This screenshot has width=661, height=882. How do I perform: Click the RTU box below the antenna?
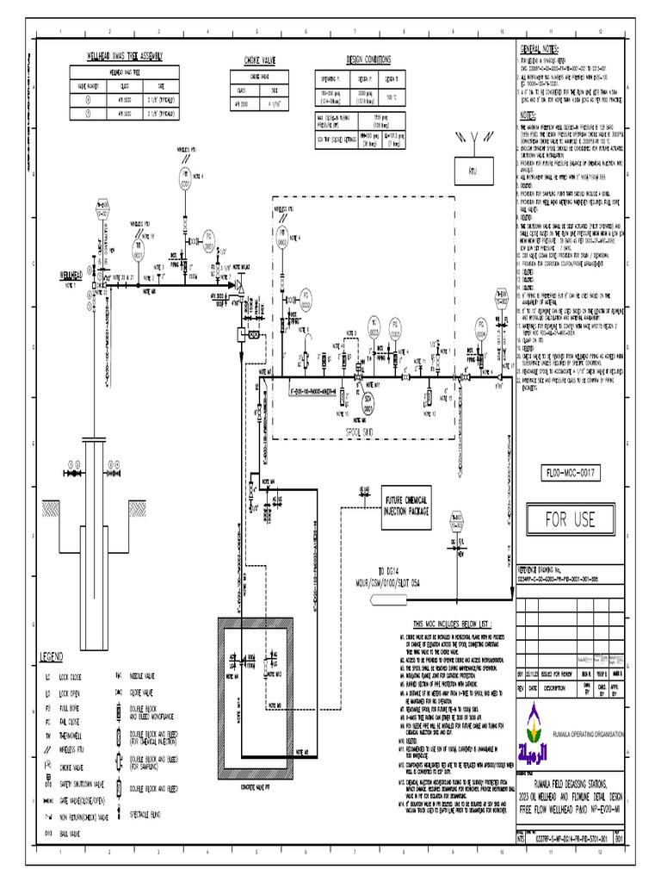[473, 171]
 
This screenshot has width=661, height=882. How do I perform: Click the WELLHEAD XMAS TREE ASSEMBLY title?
[127, 57]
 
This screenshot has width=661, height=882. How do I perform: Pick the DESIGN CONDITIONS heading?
[368, 59]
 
